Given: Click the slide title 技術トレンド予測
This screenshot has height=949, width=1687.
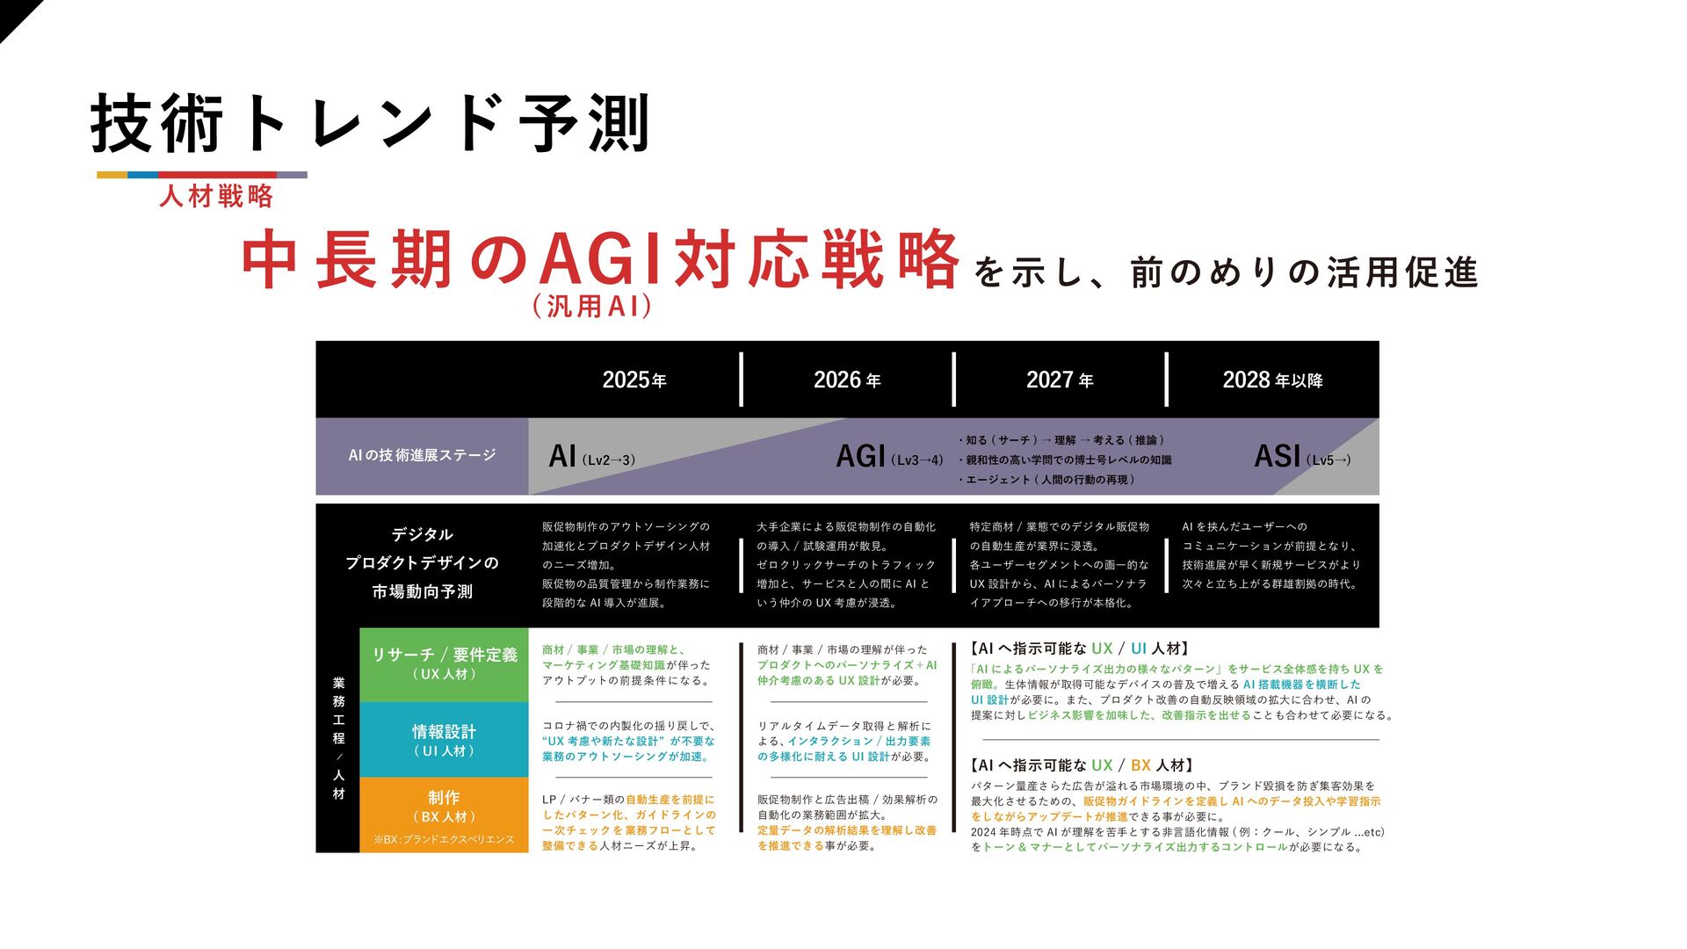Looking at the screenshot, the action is (x=370, y=124).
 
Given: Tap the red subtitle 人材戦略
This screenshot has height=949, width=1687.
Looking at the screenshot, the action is (x=216, y=196).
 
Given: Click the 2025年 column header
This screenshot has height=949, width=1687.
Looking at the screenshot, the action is (x=634, y=380).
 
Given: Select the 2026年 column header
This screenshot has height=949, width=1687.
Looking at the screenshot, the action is (x=847, y=380).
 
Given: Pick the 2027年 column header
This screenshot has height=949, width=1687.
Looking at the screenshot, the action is (x=1060, y=380).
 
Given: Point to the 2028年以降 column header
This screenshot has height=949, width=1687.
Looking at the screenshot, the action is (x=1272, y=380).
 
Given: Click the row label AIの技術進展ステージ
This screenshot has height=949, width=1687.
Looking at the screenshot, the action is (x=422, y=455).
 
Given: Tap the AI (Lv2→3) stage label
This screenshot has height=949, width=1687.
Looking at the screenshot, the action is (x=591, y=457).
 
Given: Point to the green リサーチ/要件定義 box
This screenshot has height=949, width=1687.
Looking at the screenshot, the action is (x=444, y=663).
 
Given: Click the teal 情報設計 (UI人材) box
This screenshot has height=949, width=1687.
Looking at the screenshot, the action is (x=444, y=739).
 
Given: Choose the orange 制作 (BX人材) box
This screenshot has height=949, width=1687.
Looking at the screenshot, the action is (x=444, y=806).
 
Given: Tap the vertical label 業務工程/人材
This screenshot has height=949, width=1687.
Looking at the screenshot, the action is (x=338, y=738).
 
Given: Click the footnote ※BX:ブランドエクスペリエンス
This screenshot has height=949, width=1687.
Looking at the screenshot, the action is (x=444, y=840).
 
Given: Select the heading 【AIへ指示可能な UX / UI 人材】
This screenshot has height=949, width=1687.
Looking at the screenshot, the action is (x=1080, y=648).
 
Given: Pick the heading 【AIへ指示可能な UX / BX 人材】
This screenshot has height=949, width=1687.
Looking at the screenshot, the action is (x=1082, y=765).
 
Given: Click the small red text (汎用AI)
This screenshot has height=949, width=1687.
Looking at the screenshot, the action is (x=591, y=306).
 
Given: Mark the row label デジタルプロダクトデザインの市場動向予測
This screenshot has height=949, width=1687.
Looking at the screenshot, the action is (x=422, y=562).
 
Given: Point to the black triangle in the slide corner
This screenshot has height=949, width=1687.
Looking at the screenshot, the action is (x=13, y=12).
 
